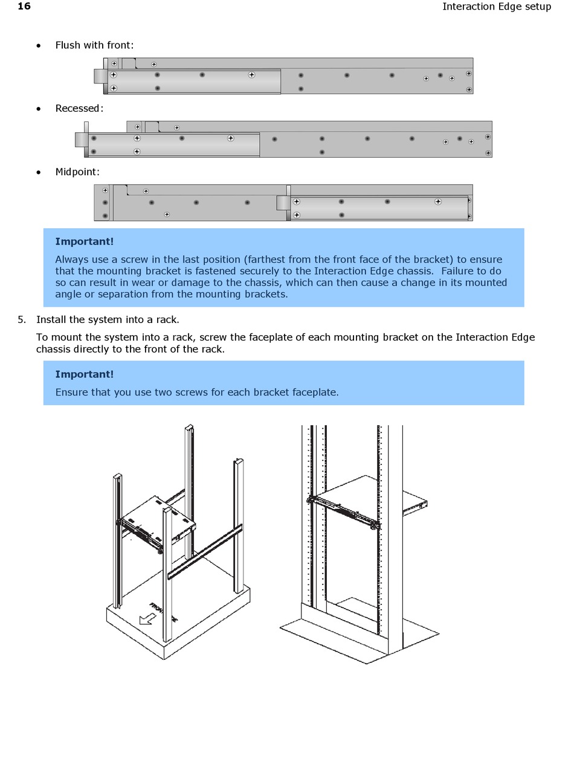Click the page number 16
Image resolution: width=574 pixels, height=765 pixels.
(x=24, y=7)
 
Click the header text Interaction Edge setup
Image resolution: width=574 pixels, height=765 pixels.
(x=496, y=7)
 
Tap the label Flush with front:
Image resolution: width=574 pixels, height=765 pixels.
(x=94, y=45)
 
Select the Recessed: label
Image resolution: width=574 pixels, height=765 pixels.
(x=79, y=109)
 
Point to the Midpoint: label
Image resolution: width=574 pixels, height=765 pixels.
(x=77, y=172)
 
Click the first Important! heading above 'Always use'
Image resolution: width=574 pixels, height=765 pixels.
(x=84, y=242)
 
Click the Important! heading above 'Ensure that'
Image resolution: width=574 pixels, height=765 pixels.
(x=84, y=374)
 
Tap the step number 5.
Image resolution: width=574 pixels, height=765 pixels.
(x=22, y=319)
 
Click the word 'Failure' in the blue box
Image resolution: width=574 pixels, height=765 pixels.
(x=461, y=271)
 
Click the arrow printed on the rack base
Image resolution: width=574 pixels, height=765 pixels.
(x=146, y=619)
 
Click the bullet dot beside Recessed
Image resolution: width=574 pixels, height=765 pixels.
(x=39, y=109)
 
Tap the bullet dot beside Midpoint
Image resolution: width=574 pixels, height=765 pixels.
(x=39, y=172)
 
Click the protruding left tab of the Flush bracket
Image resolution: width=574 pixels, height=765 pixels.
(x=100, y=75)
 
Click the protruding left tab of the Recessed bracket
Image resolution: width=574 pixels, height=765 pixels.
(x=81, y=139)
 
